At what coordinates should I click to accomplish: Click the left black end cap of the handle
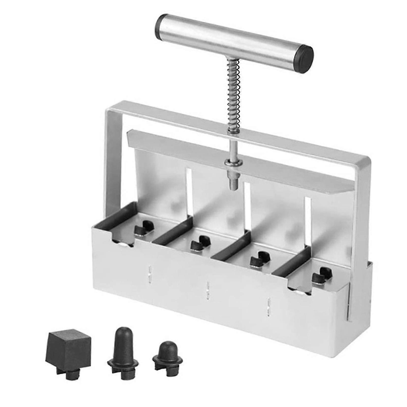[x=160, y=26]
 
